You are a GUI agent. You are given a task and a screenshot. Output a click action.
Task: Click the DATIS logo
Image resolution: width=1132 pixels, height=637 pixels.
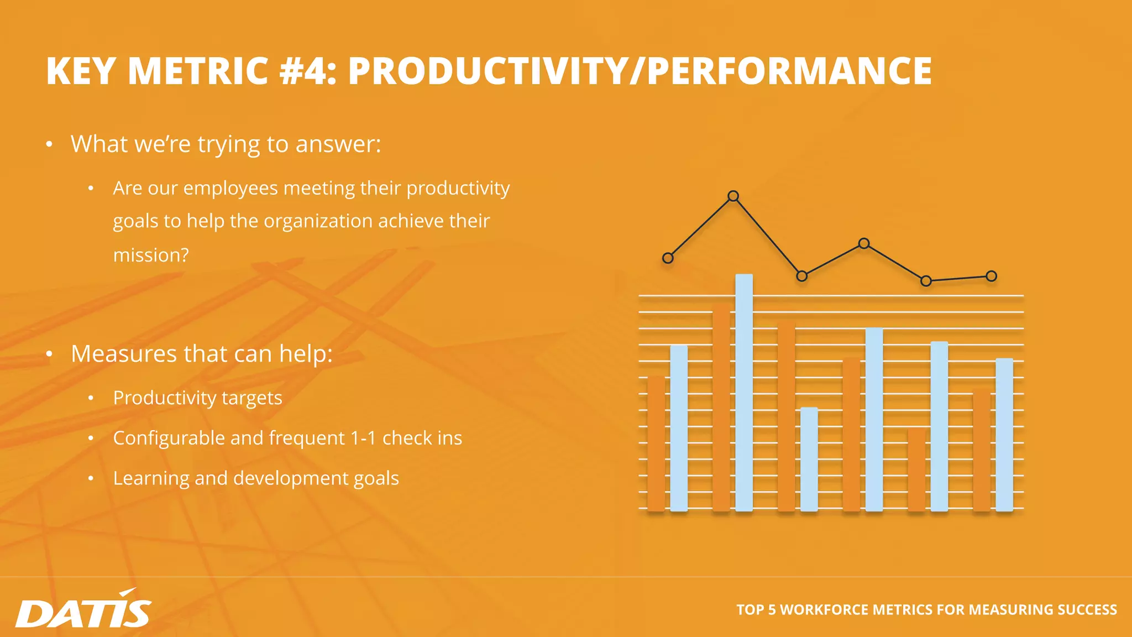83,610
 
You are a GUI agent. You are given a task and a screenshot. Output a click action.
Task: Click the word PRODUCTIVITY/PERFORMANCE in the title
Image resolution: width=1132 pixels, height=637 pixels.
640,71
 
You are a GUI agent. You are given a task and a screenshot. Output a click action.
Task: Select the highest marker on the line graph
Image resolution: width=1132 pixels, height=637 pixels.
733,196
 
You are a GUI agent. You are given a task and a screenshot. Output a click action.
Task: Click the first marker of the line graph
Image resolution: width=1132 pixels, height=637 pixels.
668,258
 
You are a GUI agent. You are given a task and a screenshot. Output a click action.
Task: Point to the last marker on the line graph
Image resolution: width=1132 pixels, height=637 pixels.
991,276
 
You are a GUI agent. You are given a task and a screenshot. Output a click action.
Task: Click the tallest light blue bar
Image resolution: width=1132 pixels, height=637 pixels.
744,393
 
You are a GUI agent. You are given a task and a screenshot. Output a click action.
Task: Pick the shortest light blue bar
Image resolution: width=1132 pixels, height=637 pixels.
809,459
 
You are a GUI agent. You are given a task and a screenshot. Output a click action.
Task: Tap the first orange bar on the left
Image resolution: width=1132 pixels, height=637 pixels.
656,443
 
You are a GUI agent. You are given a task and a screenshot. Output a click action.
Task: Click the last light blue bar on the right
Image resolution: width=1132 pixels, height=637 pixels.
1004,434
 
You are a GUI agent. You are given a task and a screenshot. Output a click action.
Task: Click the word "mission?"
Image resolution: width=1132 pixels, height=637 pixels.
151,255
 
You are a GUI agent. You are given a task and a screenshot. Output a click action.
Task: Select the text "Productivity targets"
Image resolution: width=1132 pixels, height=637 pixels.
197,398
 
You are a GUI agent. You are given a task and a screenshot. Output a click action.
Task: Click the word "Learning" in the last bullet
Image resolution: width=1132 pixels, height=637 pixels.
151,478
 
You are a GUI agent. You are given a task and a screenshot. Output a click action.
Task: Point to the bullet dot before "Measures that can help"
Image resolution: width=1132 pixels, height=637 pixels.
49,354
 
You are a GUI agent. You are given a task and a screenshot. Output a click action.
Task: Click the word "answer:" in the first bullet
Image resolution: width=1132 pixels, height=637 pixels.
338,144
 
